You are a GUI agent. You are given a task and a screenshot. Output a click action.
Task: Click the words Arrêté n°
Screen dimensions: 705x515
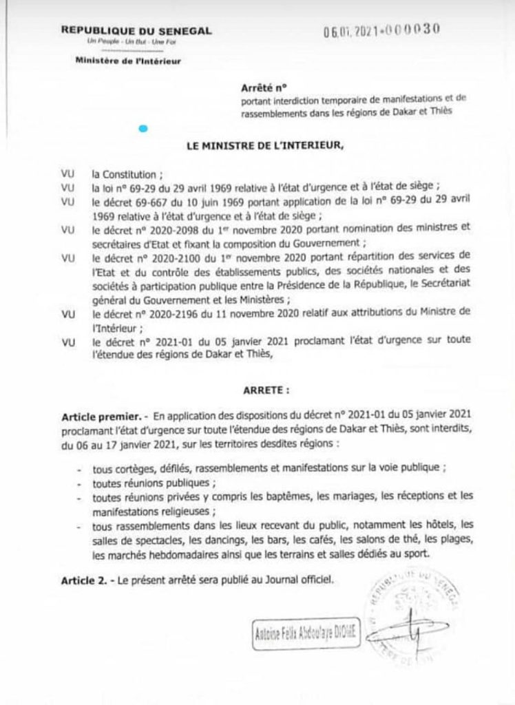pos(259,87)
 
